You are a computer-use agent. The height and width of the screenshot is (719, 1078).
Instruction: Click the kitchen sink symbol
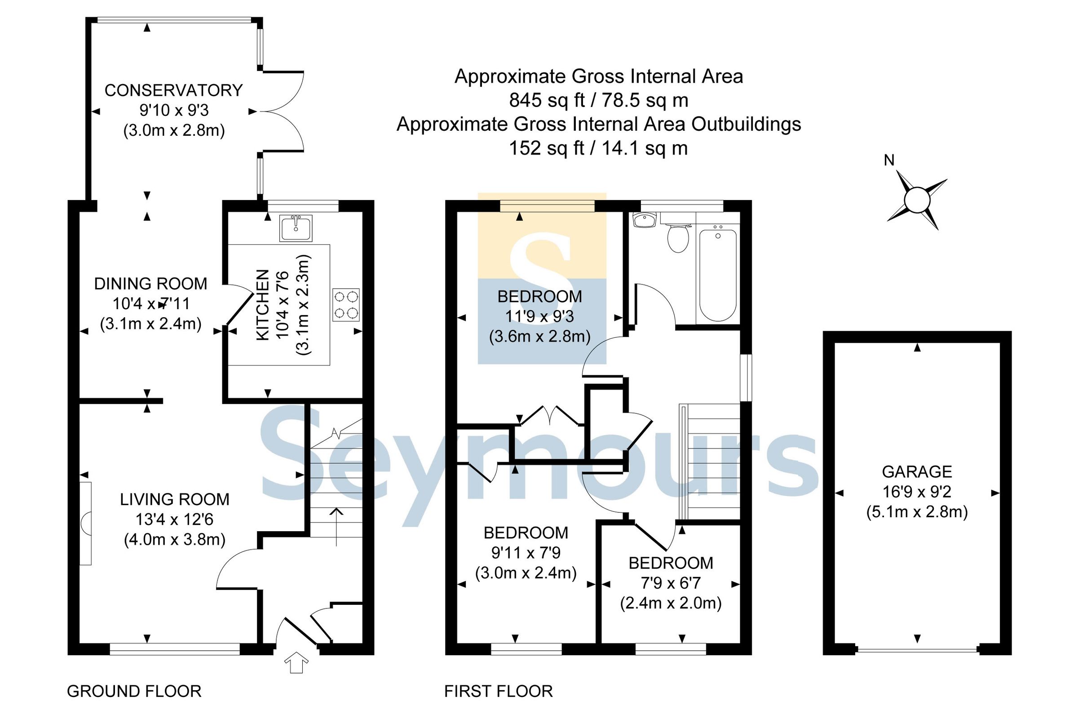(296, 227)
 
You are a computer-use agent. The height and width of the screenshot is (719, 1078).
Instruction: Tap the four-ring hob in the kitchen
(346, 305)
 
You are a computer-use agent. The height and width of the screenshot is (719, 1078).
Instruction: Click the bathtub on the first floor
(718, 275)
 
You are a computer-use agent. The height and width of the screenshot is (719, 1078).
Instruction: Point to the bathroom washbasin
(644, 220)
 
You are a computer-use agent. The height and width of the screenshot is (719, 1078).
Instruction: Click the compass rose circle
(917, 200)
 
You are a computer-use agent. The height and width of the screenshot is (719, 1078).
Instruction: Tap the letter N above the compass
(889, 160)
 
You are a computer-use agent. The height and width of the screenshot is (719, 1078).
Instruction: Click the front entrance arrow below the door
(296, 662)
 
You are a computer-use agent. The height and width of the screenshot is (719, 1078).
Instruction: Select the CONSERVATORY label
(173, 90)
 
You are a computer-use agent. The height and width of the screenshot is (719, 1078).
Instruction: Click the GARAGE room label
(917, 471)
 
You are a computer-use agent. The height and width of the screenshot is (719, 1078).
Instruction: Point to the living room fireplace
(86, 523)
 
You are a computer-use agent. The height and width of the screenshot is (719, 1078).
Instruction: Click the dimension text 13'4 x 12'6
(174, 519)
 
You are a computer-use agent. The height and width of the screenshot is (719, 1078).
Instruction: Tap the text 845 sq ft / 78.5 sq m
(598, 100)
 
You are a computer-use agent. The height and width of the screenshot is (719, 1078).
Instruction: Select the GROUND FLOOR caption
(134, 691)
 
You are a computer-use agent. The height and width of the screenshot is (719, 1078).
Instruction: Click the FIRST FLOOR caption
(498, 691)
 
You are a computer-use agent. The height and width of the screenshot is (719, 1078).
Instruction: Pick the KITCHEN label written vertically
(262, 305)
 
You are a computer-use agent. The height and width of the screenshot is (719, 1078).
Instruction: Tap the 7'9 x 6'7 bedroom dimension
(671, 583)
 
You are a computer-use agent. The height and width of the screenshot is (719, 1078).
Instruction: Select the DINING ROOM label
(150, 284)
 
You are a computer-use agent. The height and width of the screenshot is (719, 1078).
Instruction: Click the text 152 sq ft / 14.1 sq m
(598, 148)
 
